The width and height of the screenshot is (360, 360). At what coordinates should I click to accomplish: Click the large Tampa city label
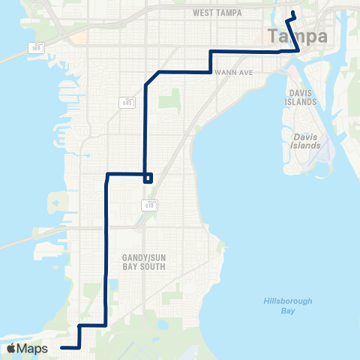coord(297,37)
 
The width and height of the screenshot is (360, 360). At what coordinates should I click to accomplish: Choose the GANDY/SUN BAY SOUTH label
coord(143,262)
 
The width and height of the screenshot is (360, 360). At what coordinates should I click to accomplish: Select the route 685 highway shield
coord(127,103)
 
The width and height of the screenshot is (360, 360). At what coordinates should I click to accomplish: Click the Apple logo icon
coord(11,349)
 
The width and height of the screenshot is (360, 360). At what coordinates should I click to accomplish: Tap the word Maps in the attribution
coord(33,349)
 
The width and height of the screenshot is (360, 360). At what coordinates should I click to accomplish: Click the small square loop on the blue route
coord(148,178)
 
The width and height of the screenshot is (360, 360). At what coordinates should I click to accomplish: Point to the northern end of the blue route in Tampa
coord(293,13)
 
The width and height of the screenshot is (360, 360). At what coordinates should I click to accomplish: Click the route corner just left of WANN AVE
coord(209,71)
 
